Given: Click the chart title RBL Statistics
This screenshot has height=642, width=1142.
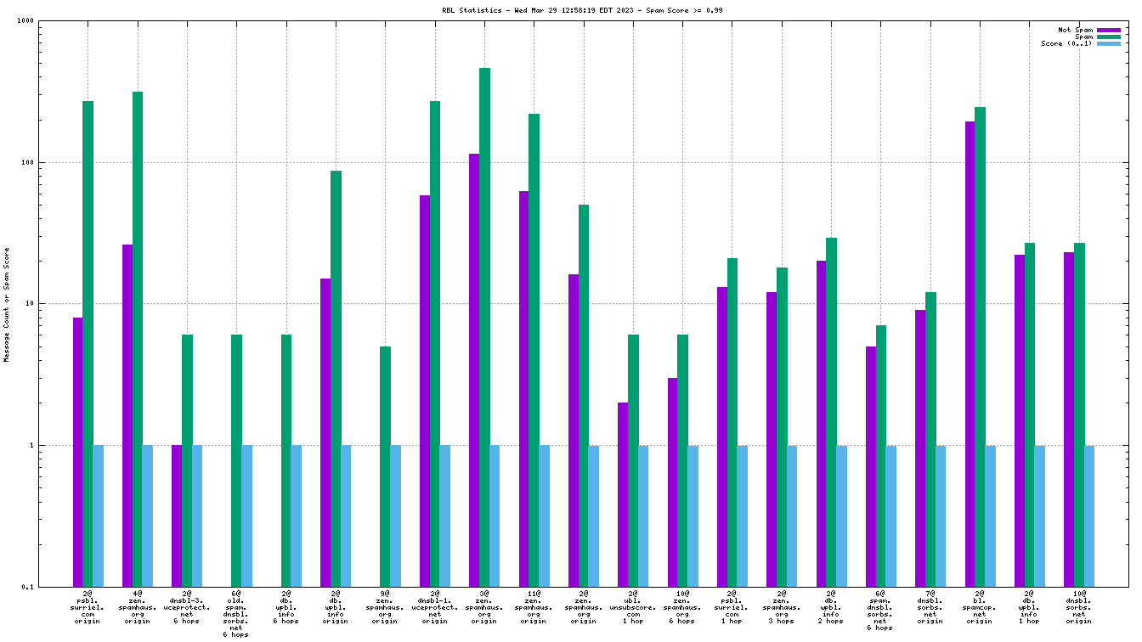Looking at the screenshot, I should pyautogui.click(x=570, y=10).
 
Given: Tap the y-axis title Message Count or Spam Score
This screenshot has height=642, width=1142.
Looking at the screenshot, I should pyautogui.click(x=7, y=304).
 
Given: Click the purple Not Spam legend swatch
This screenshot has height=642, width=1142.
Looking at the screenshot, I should pyautogui.click(x=1109, y=30).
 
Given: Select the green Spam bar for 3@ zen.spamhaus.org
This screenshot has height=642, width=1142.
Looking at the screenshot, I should pyautogui.click(x=484, y=327).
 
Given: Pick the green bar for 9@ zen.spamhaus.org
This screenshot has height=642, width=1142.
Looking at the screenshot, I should pyautogui.click(x=386, y=466).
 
